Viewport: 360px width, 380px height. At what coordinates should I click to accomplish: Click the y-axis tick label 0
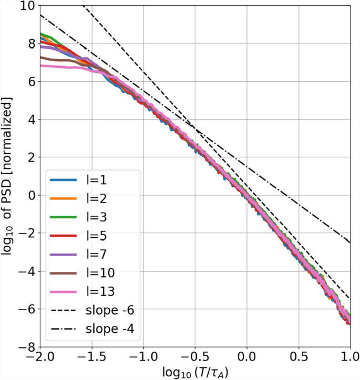coord(29,195)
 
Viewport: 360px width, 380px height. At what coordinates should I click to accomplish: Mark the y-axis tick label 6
coord(29,81)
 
